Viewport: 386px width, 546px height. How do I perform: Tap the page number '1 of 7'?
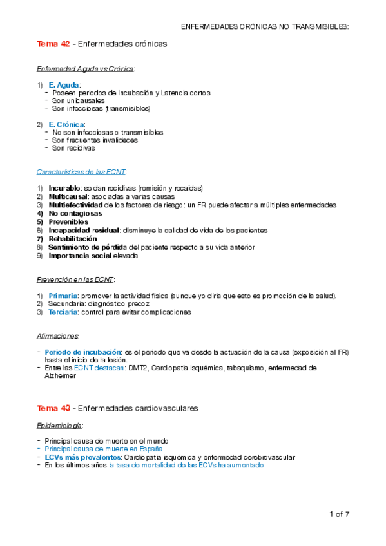point(339,514)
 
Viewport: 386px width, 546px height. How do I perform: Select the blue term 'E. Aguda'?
point(64,85)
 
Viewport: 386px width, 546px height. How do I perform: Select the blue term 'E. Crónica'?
point(66,124)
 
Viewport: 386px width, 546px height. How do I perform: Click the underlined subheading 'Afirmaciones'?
point(58,336)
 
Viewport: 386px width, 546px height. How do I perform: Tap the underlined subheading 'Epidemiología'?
point(60,426)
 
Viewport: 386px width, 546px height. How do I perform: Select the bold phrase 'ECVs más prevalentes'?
point(82,457)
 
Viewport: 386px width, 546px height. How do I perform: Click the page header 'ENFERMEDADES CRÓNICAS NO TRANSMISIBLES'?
point(265,26)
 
